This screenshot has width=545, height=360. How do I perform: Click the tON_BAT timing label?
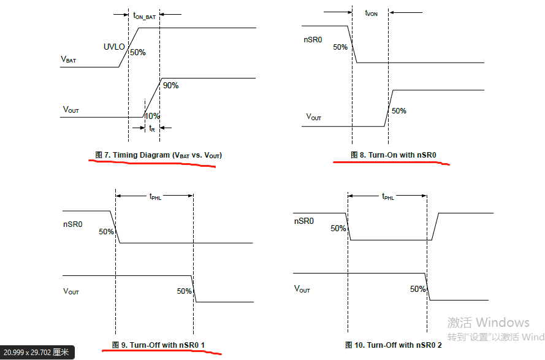[144, 17]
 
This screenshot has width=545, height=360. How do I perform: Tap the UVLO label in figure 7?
[115, 47]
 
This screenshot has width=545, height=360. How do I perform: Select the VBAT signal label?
[69, 59]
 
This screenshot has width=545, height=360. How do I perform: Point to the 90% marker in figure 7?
[170, 86]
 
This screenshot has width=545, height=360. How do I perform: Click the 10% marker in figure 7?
[152, 116]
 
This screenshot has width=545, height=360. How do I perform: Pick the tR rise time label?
[151, 128]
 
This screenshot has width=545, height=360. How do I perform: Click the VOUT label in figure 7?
[71, 110]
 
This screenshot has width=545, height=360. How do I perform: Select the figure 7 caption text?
[159, 155]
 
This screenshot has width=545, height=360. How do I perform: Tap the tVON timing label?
[371, 13]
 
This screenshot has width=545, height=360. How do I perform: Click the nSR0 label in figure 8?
[314, 40]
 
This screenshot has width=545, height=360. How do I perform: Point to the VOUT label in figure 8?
[314, 117]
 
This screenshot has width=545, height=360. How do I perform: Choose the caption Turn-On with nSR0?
[393, 155]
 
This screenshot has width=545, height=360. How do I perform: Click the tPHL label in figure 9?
[155, 196]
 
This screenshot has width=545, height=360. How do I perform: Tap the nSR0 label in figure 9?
[74, 225]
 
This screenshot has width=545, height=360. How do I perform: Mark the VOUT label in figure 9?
[71, 291]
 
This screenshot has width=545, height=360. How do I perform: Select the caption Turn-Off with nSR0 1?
[158, 345]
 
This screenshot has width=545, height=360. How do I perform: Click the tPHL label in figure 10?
[388, 196]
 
